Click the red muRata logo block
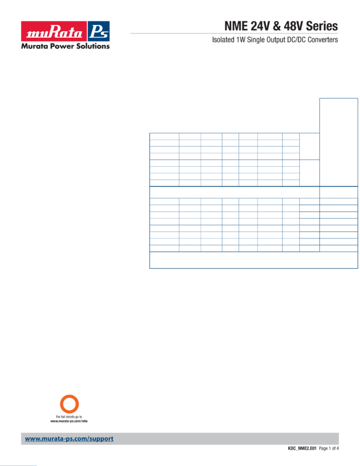pos(54,31)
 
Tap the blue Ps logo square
pos(99,31)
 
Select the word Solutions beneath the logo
pos(93,46)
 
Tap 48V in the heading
pos(294,26)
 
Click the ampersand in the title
pos(277,26)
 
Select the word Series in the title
pos(322,26)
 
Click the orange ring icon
pos(70,395)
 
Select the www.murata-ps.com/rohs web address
pos(69,421)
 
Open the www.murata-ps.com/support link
pos(69,439)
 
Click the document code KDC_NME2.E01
pos(302,448)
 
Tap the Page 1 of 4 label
pos(329,448)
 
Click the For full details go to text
pos(69,417)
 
